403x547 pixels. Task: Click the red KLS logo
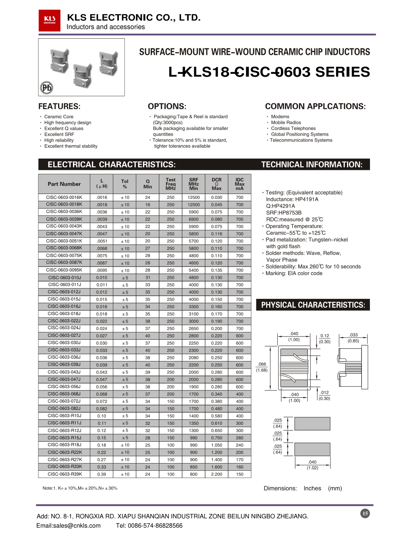(x=50, y=20)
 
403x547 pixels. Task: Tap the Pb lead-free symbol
(x=47, y=88)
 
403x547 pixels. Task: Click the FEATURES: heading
(x=59, y=106)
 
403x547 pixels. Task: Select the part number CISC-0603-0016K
(x=64, y=198)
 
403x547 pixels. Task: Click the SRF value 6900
(x=193, y=219)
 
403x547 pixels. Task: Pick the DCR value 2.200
(x=216, y=474)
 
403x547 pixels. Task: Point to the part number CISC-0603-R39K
(x=64, y=474)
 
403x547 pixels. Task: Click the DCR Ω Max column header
(x=216, y=184)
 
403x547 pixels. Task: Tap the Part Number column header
(x=64, y=184)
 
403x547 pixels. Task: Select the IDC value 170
(x=240, y=460)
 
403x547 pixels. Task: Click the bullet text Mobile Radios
(x=286, y=123)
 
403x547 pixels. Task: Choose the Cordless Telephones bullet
(x=293, y=128)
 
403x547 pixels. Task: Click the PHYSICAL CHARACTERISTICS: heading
(x=313, y=305)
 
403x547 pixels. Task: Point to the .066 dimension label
(x=262, y=364)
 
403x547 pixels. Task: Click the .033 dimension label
(x=353, y=335)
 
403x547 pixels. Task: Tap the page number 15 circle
(x=365, y=514)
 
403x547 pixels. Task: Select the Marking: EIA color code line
(x=294, y=273)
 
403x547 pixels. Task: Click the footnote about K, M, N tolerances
(x=80, y=488)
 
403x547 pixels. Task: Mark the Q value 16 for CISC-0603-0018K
(x=147, y=205)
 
